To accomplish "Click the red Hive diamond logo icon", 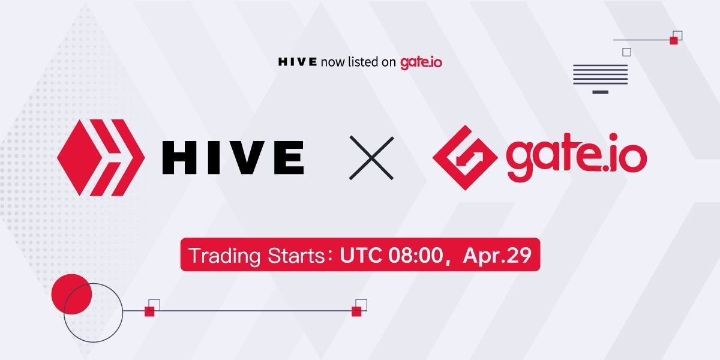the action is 101,157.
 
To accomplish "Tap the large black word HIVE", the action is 233,157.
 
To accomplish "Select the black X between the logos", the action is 371,158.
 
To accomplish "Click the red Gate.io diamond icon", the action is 465,157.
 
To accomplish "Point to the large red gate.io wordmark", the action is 577,157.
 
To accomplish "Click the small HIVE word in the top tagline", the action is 298,62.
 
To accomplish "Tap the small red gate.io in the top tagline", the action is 421,62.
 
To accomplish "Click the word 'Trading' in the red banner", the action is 224,256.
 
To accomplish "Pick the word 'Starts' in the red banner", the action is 296,256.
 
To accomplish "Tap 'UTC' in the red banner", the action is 361,255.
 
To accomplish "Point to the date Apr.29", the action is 497,256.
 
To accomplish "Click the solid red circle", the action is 71,294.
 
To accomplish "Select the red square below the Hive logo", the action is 149,311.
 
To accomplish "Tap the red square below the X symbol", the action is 356,311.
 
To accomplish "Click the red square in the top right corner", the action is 674,40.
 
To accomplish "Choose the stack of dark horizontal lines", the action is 601,74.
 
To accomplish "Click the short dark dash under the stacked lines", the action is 601,92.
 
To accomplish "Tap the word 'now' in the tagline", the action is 332,62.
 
